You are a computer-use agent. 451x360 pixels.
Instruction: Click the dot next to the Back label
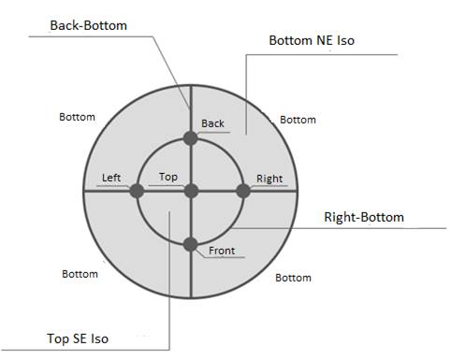[190, 138]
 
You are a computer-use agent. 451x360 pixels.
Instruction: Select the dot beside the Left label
[137, 191]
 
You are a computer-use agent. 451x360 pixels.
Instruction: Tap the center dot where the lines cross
[190, 191]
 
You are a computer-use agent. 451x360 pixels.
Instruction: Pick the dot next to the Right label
[243, 191]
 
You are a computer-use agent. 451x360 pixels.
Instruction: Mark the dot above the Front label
[190, 244]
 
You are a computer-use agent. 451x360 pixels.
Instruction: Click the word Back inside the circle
[213, 123]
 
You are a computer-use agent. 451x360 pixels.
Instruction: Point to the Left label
[111, 178]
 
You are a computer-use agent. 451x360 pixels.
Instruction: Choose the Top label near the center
[168, 177]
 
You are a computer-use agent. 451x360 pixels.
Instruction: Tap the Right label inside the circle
[269, 179]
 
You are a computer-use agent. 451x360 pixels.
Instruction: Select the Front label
[222, 251]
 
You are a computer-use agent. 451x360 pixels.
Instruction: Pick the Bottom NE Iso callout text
[312, 41]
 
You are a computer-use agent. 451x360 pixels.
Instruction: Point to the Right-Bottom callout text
[364, 218]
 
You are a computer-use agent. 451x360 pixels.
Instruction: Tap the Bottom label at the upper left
[77, 117]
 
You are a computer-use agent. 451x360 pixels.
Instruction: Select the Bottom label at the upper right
[298, 120]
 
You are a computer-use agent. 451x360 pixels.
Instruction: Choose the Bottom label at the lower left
[80, 274]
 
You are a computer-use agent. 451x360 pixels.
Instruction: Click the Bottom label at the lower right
[293, 278]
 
